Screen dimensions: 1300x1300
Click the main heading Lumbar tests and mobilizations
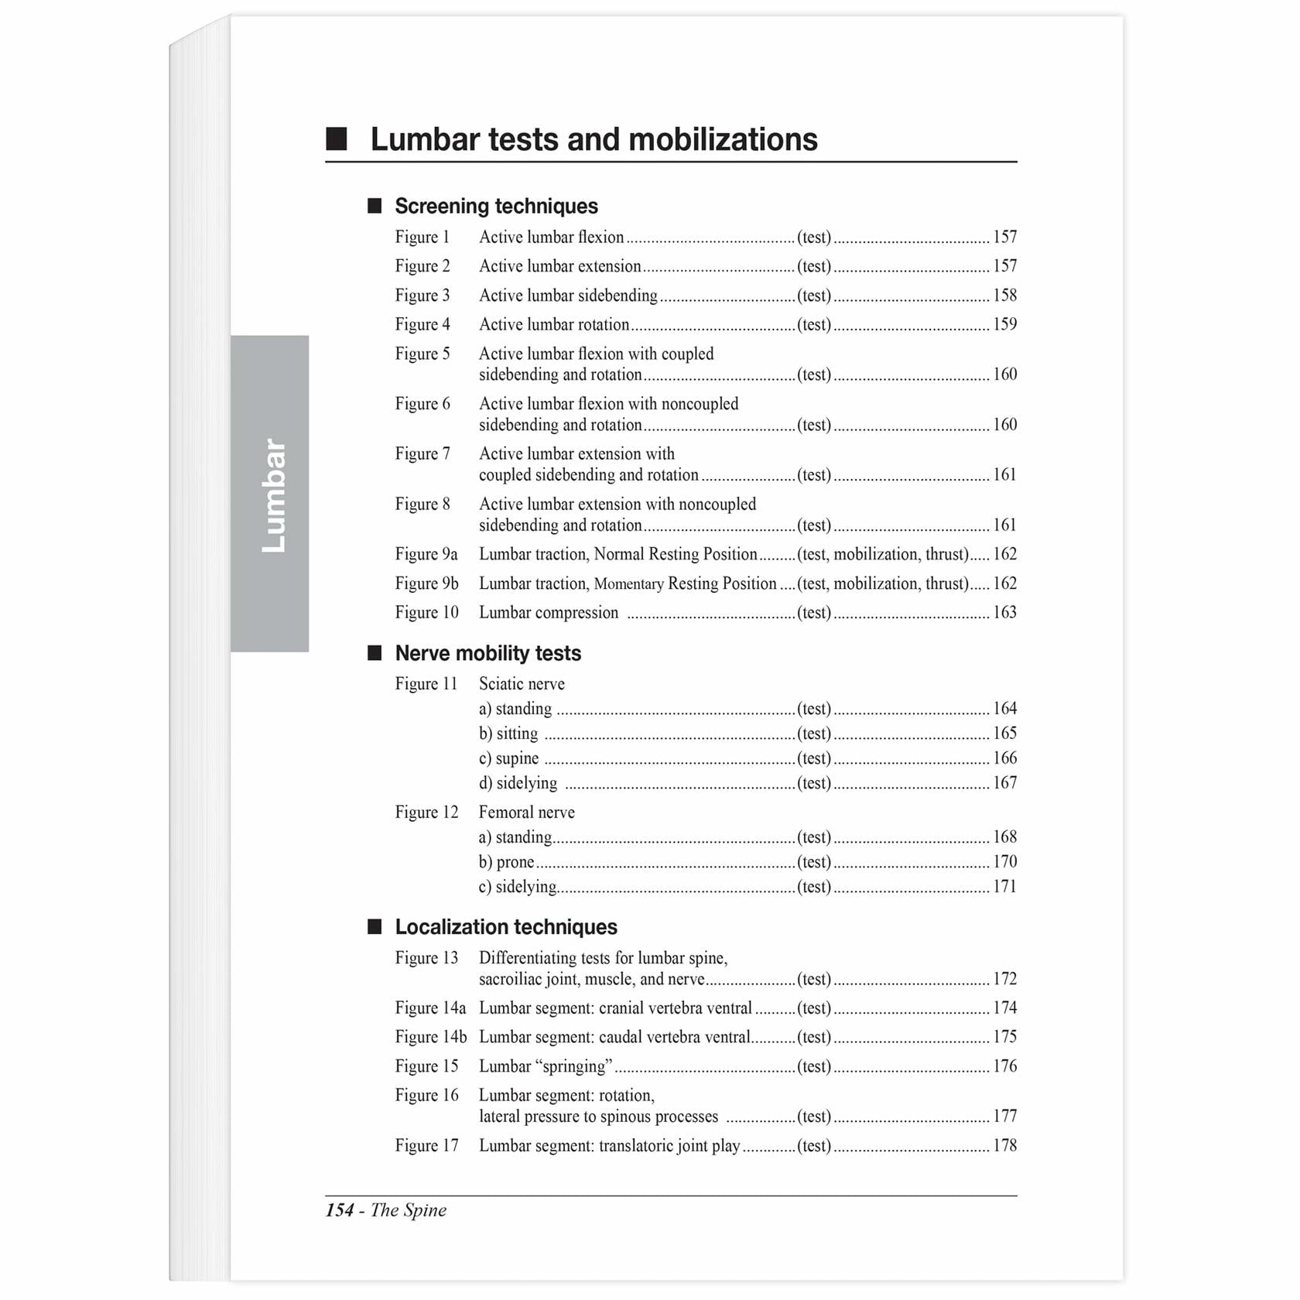tap(594, 140)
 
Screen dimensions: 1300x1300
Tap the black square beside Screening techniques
tap(375, 206)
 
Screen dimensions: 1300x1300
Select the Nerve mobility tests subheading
tap(487, 653)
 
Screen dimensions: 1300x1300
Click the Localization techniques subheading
tap(506, 927)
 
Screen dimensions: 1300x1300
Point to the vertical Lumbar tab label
tap(272, 495)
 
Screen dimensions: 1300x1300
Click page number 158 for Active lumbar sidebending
tap(1004, 296)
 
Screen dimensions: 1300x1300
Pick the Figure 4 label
tap(422, 324)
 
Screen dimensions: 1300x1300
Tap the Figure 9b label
tap(426, 583)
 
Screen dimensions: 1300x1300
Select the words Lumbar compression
tap(549, 613)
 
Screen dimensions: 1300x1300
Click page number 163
tap(1004, 613)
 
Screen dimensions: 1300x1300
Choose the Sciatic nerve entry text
tap(522, 684)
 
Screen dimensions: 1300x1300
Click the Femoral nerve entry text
tap(526, 812)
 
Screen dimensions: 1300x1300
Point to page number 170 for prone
tap(1004, 862)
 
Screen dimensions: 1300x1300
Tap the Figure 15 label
tap(426, 1066)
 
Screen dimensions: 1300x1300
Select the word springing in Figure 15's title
tap(573, 1066)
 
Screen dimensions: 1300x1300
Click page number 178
tap(1004, 1146)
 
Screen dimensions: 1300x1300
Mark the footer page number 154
tap(340, 1210)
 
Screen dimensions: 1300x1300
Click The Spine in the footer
tap(409, 1210)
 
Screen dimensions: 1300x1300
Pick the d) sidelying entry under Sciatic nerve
tap(518, 783)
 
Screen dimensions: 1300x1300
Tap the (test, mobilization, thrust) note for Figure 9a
tap(883, 554)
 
